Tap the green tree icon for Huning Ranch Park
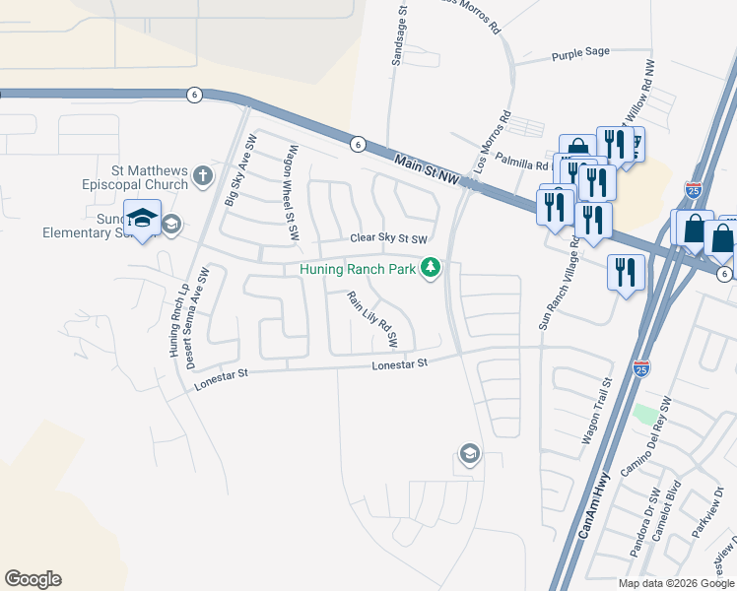click(x=431, y=267)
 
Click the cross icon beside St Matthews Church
click(x=203, y=176)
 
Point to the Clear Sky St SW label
click(x=389, y=239)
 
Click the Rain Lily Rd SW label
click(x=371, y=319)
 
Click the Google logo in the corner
click(x=33, y=579)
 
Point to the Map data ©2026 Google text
click(x=675, y=582)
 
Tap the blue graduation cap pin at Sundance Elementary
click(x=142, y=219)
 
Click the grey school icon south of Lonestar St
click(x=470, y=454)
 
